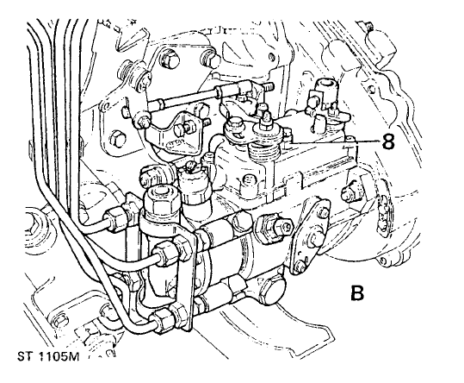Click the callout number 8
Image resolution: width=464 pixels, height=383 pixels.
coord(388,141)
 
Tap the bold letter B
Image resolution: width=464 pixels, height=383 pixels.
coord(357,293)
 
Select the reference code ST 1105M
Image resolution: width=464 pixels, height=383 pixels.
coord(48,356)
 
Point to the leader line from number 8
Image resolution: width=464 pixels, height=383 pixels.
coord(333,142)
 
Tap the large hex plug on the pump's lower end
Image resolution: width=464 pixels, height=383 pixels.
coord(271,291)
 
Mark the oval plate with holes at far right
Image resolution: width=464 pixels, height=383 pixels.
coord(384,212)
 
